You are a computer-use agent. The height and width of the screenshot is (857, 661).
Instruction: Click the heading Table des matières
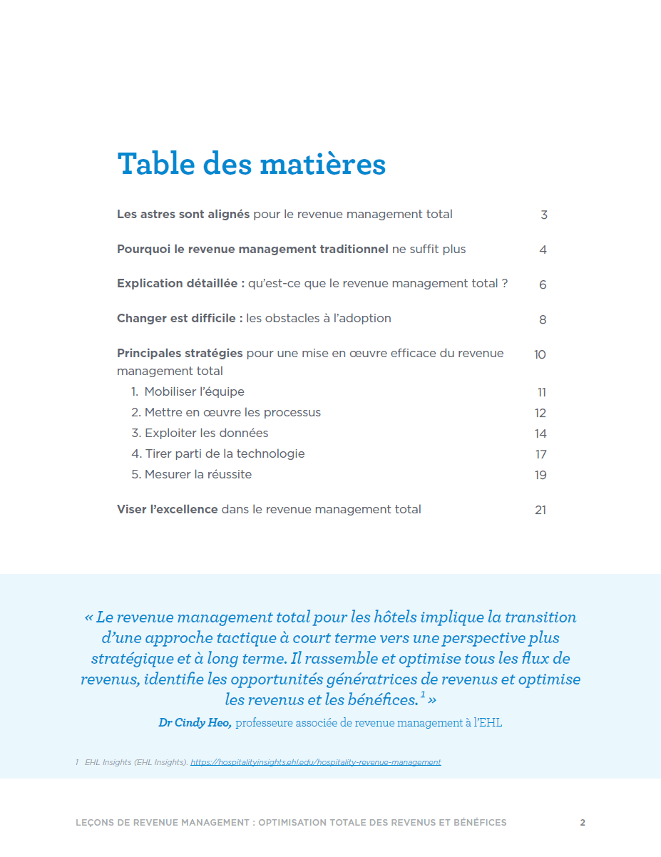tap(251, 164)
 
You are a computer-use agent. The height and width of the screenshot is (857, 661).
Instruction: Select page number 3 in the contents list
tap(544, 215)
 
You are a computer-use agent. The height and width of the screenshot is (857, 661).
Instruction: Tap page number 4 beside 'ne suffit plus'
tap(543, 250)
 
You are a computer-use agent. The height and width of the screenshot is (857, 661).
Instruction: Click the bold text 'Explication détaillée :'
tap(181, 284)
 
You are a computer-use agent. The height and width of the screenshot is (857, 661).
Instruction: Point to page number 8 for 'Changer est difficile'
tap(543, 319)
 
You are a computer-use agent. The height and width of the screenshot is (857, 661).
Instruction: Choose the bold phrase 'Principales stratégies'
tap(180, 354)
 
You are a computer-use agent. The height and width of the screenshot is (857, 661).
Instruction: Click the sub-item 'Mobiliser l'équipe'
tap(194, 392)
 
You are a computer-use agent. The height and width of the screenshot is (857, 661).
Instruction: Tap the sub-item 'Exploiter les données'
tap(206, 433)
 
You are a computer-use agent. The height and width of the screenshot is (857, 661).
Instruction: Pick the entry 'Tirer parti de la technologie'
tap(225, 454)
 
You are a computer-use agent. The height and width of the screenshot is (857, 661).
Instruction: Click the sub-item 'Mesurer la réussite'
tap(198, 475)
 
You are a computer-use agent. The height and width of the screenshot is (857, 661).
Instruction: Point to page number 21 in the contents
tap(540, 510)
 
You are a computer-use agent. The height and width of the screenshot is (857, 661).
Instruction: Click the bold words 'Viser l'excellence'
tap(168, 510)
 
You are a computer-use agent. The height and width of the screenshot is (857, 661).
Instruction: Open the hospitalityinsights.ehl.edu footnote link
tap(315, 762)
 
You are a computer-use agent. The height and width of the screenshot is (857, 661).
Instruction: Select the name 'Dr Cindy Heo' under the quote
tap(195, 723)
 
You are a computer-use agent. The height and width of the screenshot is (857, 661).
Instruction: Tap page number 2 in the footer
tap(583, 823)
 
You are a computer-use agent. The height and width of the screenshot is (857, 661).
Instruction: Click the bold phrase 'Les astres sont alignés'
tap(183, 215)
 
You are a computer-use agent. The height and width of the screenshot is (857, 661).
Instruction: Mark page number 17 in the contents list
tap(540, 454)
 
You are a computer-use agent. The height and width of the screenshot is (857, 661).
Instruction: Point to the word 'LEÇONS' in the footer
tap(94, 823)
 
